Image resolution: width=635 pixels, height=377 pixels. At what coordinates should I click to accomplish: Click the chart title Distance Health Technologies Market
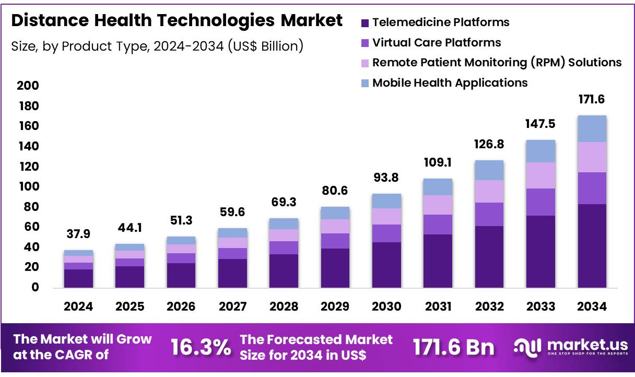177,20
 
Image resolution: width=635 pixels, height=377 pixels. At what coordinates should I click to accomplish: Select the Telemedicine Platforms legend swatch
365,23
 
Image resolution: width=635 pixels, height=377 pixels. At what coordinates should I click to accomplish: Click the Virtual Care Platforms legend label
437,43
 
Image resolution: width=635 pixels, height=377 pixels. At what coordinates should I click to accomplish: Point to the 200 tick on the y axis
28,86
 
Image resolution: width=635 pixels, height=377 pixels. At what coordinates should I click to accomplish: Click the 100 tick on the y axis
28,187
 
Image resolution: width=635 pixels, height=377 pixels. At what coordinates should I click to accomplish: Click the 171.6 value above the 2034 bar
591,99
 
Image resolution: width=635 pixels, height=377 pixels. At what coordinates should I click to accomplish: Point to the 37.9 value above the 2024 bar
78,233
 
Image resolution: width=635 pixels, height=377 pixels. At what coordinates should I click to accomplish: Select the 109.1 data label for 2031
437,162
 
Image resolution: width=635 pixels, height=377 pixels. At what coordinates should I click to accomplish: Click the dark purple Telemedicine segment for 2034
591,245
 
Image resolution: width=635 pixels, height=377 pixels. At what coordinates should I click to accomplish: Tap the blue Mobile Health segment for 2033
540,151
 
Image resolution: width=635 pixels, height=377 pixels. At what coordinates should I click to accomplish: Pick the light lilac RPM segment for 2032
489,191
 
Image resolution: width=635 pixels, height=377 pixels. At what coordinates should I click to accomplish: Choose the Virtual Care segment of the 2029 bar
335,241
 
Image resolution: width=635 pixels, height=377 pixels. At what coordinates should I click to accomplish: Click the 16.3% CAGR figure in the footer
201,347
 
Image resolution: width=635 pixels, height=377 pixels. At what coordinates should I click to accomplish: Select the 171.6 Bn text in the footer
453,347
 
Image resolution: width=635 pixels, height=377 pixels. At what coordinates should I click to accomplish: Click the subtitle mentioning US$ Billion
157,46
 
